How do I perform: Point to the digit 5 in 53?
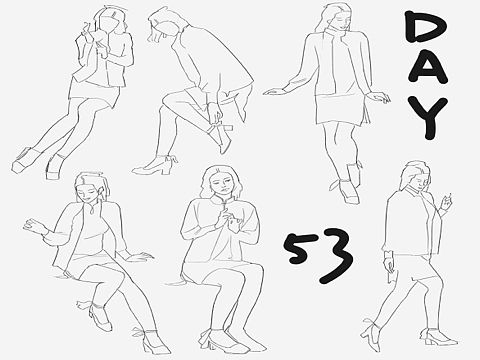pos(298,248)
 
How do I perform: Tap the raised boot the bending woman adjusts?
pos(221,136)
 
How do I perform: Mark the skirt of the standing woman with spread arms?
pos(341,109)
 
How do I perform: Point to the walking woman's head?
pos(417,177)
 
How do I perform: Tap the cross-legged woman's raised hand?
pos(36,225)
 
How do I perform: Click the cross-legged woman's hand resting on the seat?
pos(139,256)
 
